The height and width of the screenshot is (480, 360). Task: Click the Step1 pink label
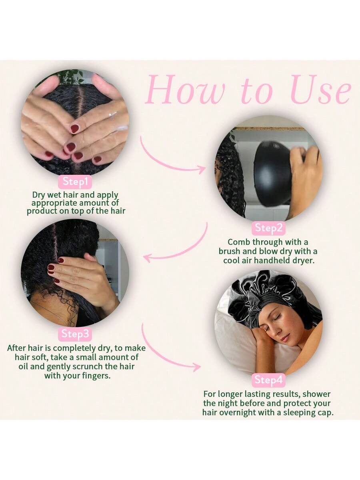pos(75,182)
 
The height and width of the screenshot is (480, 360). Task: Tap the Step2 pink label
pos(269,228)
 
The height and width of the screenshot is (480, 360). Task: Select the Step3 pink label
pos(75,334)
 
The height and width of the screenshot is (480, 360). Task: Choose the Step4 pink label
pos(269,380)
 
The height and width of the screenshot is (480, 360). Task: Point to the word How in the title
pos(185,90)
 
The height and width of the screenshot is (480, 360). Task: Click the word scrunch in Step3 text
pos(88,366)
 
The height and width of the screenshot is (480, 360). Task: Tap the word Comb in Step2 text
pos(239,242)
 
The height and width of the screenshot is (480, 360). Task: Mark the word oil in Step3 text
pos(23,366)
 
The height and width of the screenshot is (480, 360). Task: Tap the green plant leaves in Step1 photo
pos(70,76)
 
